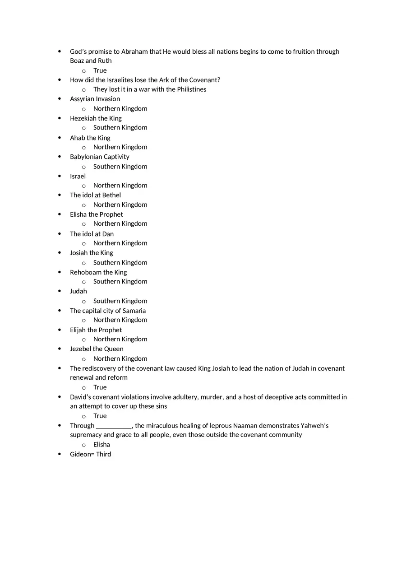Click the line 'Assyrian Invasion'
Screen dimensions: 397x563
[95, 99]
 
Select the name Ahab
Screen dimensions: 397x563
[77, 138]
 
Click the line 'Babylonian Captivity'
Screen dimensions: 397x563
[99, 157]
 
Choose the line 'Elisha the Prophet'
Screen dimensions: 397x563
[96, 214]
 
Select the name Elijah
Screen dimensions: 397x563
[78, 330]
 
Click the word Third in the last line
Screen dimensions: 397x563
[103, 454]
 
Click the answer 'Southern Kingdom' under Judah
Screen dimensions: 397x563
[120, 301]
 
